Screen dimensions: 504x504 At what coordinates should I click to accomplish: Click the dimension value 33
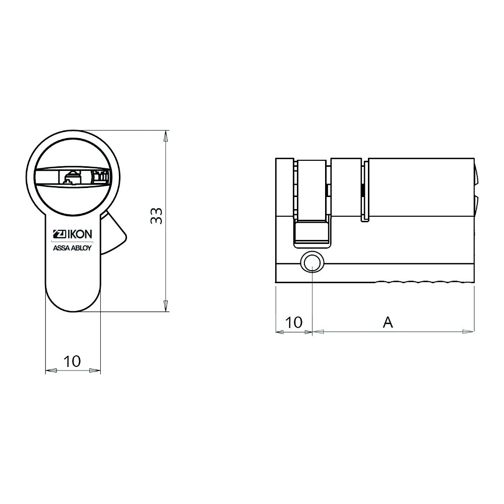157,216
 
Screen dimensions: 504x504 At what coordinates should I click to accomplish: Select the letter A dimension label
388,322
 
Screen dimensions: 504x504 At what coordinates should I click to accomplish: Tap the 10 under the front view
73,361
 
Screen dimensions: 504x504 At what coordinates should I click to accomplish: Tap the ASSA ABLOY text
72,248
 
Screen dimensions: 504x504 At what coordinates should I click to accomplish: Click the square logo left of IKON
59,235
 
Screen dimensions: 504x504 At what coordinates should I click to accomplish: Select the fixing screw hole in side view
312,262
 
